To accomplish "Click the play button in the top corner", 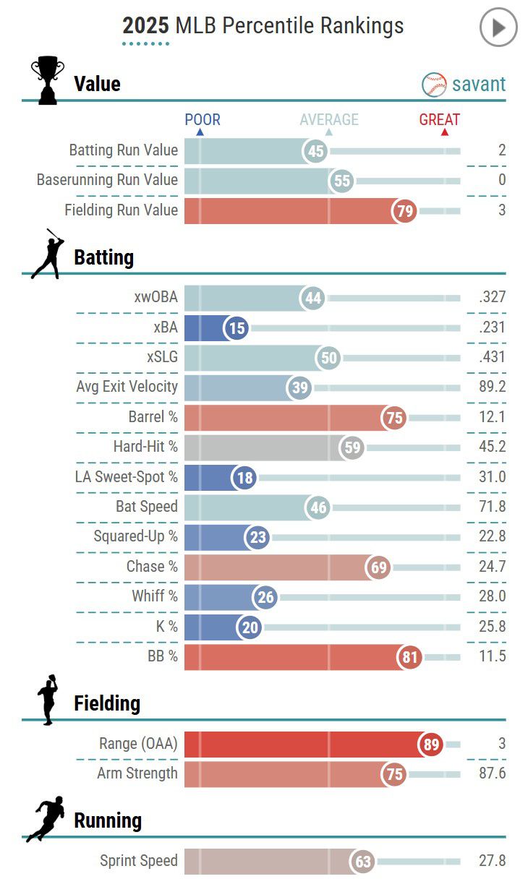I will [498, 28].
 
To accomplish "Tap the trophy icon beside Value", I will [48, 81].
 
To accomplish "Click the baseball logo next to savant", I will [434, 85].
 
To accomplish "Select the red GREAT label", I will [440, 120].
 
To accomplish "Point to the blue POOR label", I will [203, 120].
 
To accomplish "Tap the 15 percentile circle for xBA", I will [236, 328].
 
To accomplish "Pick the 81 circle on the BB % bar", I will [409, 657].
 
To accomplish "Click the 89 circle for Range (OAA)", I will [432, 745].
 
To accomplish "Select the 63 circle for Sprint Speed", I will [362, 862].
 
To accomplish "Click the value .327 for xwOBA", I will [492, 297].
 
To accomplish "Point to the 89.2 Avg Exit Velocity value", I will [492, 387].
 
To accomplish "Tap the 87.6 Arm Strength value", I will [492, 773].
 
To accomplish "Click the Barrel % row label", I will [153, 417].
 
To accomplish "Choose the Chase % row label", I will [152, 567].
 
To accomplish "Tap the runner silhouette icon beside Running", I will [46, 819].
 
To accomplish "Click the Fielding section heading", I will [107, 703].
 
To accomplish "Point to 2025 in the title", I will [145, 27].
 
